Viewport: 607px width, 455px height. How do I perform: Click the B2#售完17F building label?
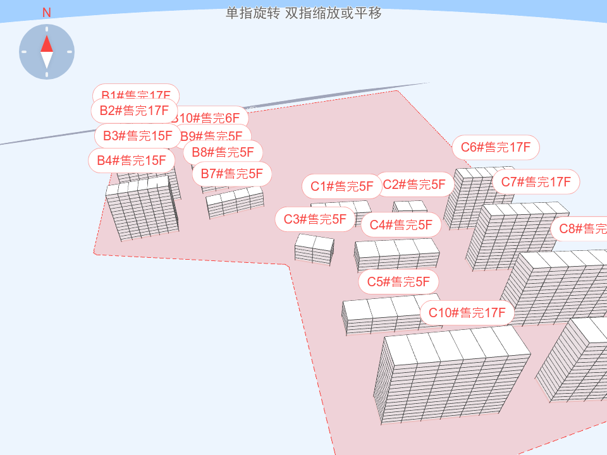click(133, 111)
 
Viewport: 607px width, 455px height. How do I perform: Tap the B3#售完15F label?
click(138, 136)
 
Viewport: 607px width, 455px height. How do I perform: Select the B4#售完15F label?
click(132, 161)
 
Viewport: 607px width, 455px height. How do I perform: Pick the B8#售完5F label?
click(223, 152)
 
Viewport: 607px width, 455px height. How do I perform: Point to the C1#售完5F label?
click(342, 186)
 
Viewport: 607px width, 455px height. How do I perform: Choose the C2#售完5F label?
click(415, 185)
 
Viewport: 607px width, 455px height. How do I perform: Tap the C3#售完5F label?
click(315, 219)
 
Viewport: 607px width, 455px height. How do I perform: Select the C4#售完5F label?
click(401, 224)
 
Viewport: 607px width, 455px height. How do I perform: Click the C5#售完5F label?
click(398, 281)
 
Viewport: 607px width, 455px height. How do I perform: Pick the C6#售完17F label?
click(496, 148)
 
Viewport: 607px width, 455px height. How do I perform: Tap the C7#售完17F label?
click(536, 182)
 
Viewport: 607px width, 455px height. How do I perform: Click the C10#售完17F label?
click(467, 312)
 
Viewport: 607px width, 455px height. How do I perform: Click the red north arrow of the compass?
click(47, 44)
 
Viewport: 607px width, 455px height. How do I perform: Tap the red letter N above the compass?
click(47, 13)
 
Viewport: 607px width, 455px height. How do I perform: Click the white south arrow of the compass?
click(47, 61)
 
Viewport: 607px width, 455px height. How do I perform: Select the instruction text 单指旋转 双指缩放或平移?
click(303, 13)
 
